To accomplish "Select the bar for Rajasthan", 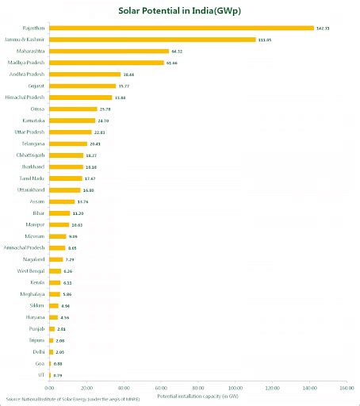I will pos(182,28).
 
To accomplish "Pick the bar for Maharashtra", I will pos(109,51).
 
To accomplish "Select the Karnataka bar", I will pos(72,121).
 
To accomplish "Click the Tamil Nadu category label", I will pos(32,178).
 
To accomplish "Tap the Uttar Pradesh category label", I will pos(30,132).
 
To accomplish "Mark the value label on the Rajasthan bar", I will pos(322,28).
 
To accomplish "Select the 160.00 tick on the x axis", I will pos(346,389).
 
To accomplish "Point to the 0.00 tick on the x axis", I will pos(49,389).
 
